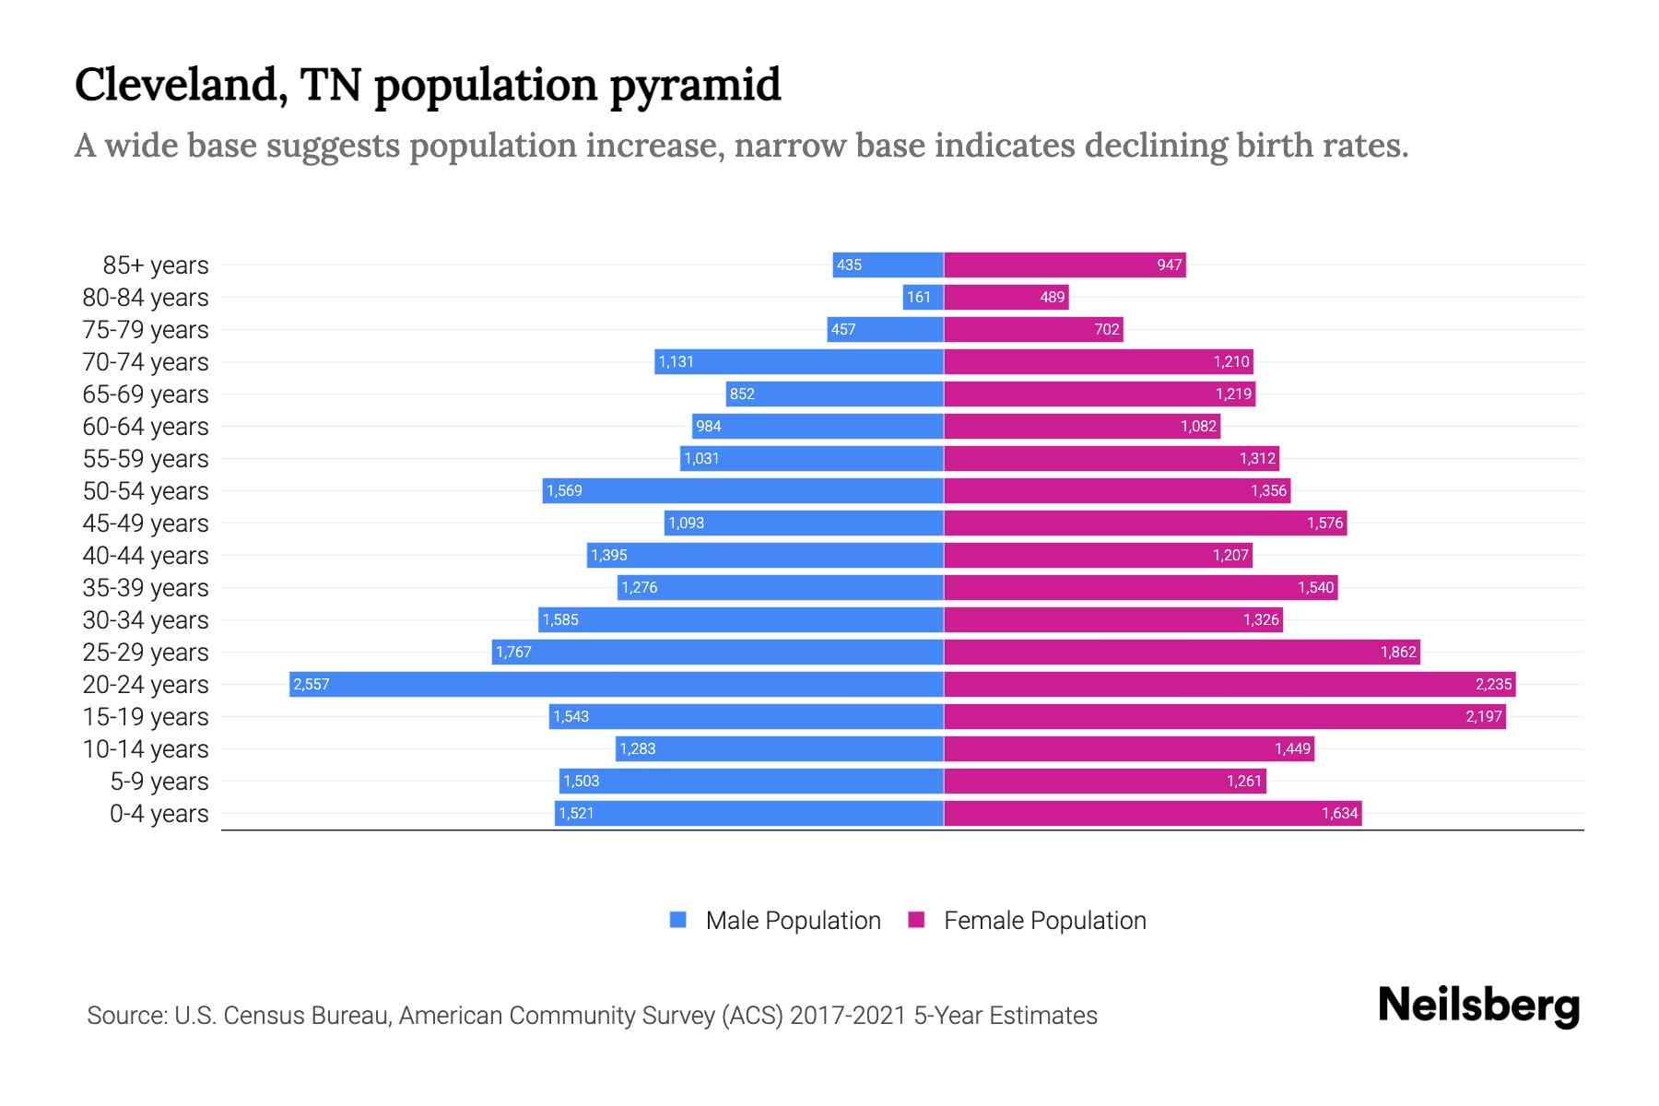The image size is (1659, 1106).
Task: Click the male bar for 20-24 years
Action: pos(616,684)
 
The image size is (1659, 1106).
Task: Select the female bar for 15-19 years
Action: pos(1224,716)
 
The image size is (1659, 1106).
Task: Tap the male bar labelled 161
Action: pos(923,297)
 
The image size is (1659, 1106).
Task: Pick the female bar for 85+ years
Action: pos(1065,265)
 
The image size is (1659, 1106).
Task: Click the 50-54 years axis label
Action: pos(146,491)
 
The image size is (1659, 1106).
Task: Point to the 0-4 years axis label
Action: pos(159,814)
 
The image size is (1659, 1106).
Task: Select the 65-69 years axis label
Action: pos(146,394)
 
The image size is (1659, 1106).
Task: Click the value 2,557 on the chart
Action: pos(312,685)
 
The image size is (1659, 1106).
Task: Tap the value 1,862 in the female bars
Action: pos(1397,653)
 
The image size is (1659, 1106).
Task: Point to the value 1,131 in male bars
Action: pos(676,362)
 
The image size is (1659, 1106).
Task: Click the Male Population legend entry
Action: pos(793,921)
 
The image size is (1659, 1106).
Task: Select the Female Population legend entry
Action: pos(1044,921)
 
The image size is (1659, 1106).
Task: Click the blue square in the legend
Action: pos(678,920)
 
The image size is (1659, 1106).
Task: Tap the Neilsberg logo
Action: pos(1478,1006)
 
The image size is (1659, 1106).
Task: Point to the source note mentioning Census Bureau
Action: pos(592,1016)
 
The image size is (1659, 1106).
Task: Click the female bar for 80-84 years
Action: pos(1006,297)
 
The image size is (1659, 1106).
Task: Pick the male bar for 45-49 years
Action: pos(804,523)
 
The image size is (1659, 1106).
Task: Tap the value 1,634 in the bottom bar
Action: pos(1339,814)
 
